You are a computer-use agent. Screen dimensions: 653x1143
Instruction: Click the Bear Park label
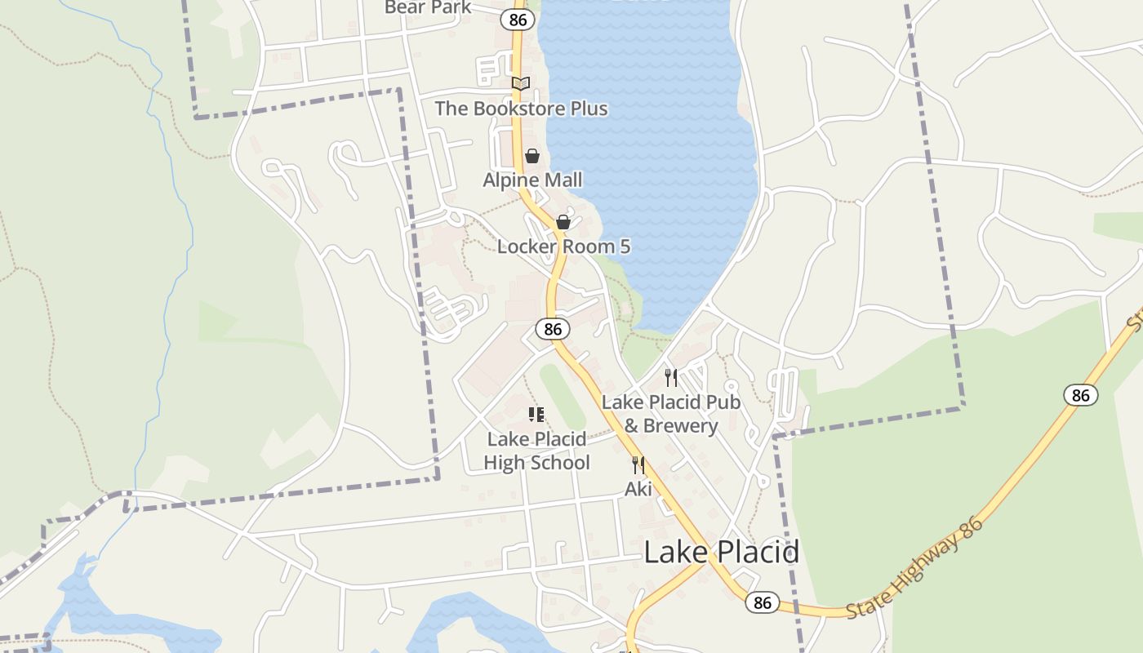pyautogui.click(x=428, y=7)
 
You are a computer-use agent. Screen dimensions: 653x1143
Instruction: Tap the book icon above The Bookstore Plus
pyautogui.click(x=521, y=83)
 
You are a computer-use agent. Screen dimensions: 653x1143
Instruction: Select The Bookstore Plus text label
pyautogui.click(x=521, y=109)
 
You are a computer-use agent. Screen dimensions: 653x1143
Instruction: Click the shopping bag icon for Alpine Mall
pyautogui.click(x=532, y=156)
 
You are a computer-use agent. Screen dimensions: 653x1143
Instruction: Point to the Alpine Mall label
pyautogui.click(x=532, y=180)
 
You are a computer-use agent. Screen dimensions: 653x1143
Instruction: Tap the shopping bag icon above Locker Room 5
pyautogui.click(x=563, y=222)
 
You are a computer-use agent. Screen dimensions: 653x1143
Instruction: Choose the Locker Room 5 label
pyautogui.click(x=563, y=247)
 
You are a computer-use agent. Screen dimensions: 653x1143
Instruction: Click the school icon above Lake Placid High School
pyautogui.click(x=536, y=415)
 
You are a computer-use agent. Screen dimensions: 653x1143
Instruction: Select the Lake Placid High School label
pyautogui.click(x=536, y=451)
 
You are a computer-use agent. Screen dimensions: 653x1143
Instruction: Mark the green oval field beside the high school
pyautogui.click(x=563, y=397)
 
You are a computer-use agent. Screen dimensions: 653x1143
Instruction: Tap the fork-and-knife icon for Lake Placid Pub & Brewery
pyautogui.click(x=671, y=377)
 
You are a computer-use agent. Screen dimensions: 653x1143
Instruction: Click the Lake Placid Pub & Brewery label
pyautogui.click(x=671, y=414)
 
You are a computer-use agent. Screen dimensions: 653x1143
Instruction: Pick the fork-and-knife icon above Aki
pyautogui.click(x=638, y=465)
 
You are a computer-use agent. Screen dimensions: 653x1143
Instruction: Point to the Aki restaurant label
pyautogui.click(x=638, y=489)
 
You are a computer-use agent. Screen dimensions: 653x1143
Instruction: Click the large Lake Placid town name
pyautogui.click(x=721, y=553)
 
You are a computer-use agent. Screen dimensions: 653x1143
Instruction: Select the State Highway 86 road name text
pyautogui.click(x=915, y=567)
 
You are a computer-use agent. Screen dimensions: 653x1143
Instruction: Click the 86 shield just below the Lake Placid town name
pyautogui.click(x=762, y=602)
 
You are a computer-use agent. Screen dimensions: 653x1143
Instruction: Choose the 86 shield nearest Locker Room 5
pyautogui.click(x=553, y=329)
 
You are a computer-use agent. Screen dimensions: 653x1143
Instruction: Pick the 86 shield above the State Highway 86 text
pyautogui.click(x=1080, y=395)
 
